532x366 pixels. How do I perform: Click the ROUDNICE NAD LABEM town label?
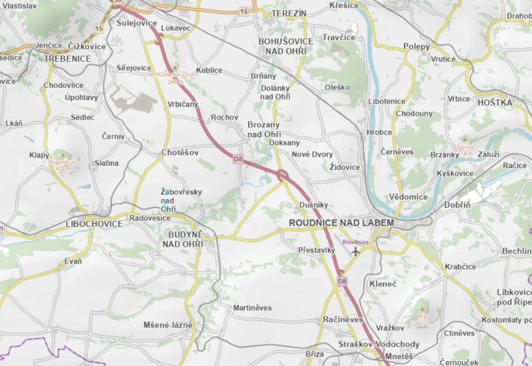[x=341, y=223]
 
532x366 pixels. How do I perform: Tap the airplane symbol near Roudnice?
[x=356, y=251]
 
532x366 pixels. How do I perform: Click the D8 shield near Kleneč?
[x=342, y=280]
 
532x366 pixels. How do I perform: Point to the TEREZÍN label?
[x=289, y=14]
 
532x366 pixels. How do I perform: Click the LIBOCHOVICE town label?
[x=94, y=224]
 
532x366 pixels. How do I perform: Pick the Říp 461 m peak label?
[x=422, y=319]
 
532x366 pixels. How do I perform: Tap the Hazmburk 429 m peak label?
[x=64, y=165]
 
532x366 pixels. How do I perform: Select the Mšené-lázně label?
[x=168, y=325]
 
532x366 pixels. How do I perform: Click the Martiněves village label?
[x=252, y=308]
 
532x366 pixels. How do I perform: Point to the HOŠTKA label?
[x=494, y=102]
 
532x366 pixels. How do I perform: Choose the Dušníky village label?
[x=313, y=205]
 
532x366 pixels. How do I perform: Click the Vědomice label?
[x=408, y=197]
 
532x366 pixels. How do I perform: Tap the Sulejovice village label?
[x=136, y=23]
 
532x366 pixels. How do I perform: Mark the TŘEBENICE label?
[x=67, y=59]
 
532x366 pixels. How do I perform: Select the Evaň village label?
[x=73, y=261]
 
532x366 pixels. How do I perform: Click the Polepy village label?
[x=416, y=47]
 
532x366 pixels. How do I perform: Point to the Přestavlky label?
[x=316, y=250]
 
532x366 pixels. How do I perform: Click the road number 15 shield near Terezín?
[x=244, y=11]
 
